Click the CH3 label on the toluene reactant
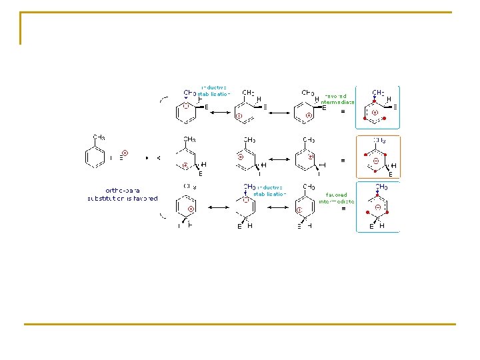click(98, 137)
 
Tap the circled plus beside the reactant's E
click(125, 153)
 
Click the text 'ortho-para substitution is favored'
click(123, 194)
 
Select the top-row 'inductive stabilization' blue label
click(214, 91)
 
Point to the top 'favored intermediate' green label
click(338, 99)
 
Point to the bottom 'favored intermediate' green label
click(336, 197)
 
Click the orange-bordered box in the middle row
click(378, 157)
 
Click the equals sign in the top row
click(343, 112)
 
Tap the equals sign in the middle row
click(343, 161)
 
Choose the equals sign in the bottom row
click(343, 209)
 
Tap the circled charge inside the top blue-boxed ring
click(375, 113)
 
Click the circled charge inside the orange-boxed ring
click(377, 161)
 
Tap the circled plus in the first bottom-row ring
click(191, 209)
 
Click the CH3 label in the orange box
click(379, 141)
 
